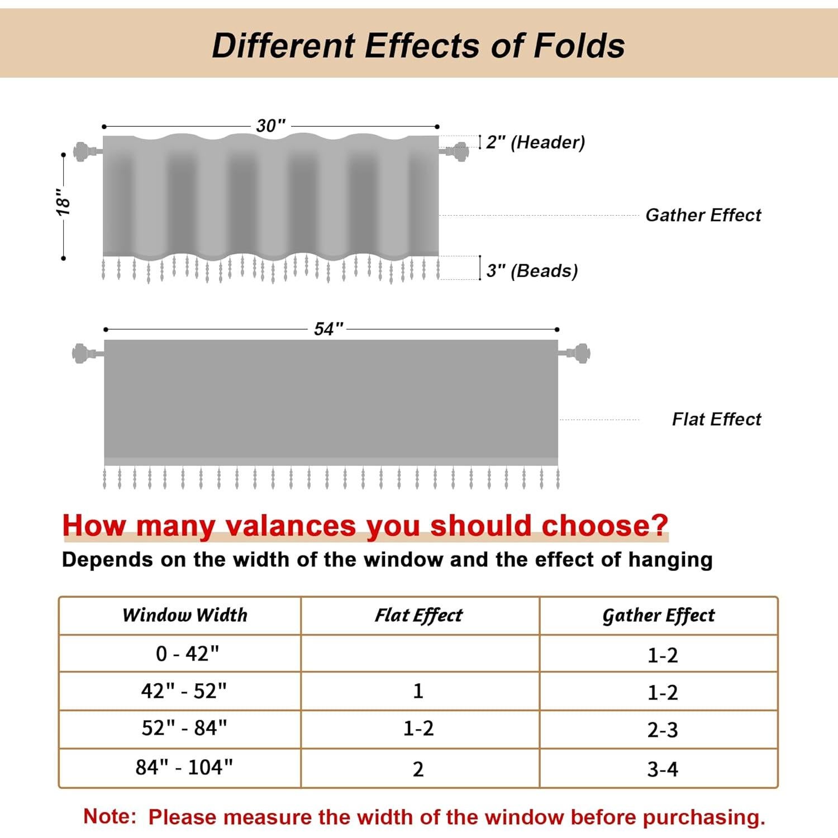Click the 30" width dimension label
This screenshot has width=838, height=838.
271,126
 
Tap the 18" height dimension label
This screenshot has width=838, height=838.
63,202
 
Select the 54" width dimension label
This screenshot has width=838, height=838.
328,329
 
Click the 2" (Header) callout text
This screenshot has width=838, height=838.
535,142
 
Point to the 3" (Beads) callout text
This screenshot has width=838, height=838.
532,270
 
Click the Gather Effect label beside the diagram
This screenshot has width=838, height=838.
703,215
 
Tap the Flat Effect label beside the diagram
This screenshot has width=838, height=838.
716,419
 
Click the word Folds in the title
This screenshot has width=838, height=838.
579,46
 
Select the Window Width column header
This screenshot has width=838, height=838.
185,615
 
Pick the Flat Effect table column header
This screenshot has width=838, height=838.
418,615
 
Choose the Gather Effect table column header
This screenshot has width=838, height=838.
658,615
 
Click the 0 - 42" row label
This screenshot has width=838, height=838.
187,653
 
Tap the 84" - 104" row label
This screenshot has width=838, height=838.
184,768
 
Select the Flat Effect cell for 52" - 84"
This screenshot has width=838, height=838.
418,729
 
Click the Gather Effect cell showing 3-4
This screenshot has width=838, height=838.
663,769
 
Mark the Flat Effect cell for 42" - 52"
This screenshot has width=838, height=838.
418,692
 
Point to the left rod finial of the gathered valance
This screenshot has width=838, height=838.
82,151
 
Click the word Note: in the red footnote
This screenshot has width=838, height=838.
109,816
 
